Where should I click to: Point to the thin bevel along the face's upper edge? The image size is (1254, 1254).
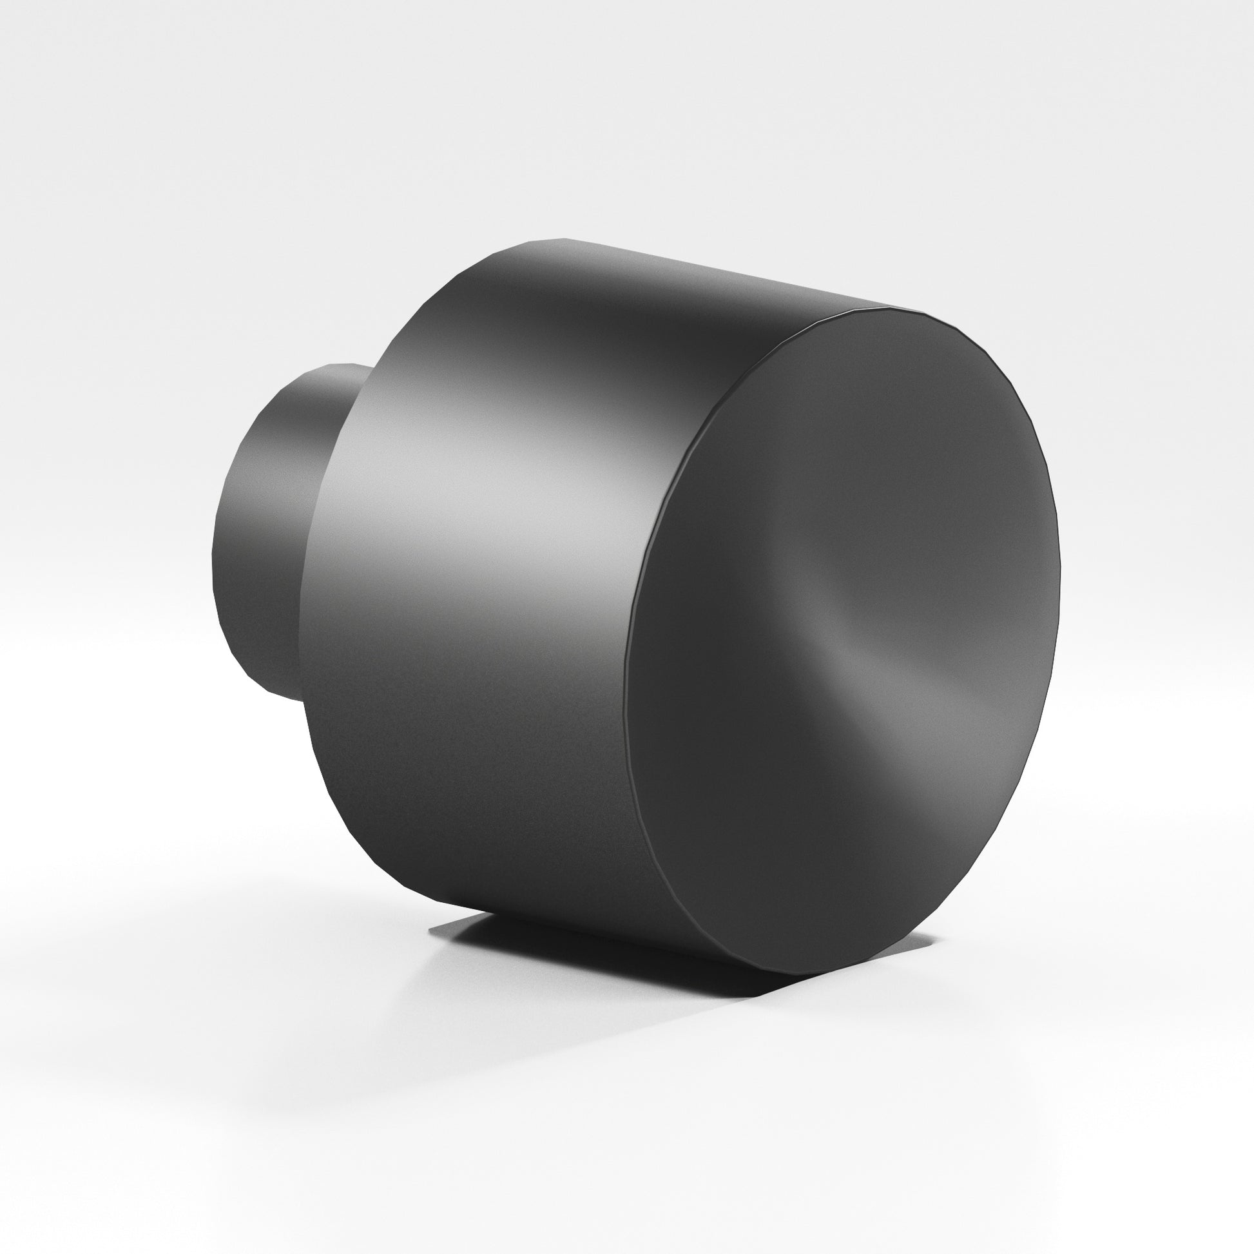(x=779, y=351)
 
